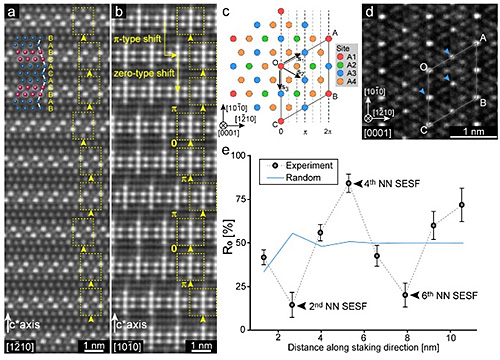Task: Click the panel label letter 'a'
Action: click(x=9, y=13)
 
